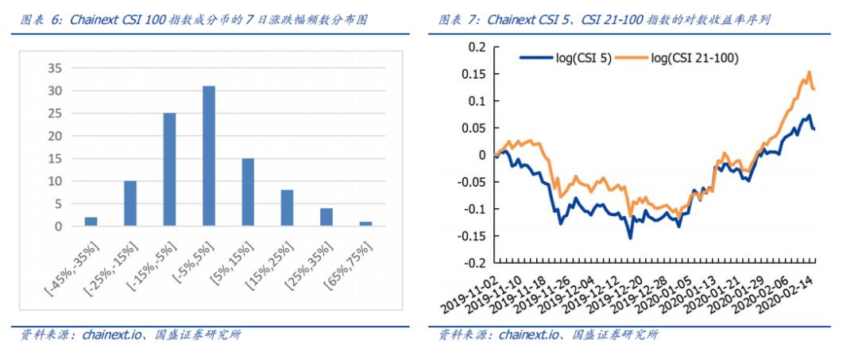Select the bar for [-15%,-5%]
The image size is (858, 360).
point(169,169)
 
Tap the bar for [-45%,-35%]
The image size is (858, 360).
point(91,222)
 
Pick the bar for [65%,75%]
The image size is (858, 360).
point(365,224)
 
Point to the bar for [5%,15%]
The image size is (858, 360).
point(248,192)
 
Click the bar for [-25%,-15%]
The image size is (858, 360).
point(130,203)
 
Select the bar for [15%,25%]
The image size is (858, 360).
point(287,208)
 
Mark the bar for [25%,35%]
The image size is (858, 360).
point(327,217)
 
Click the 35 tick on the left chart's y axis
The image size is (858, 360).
point(55,68)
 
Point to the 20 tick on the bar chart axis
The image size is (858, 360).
point(55,136)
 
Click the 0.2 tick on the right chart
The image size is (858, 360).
point(476,47)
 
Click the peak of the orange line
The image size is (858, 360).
point(809,72)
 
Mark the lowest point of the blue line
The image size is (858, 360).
point(631,238)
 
